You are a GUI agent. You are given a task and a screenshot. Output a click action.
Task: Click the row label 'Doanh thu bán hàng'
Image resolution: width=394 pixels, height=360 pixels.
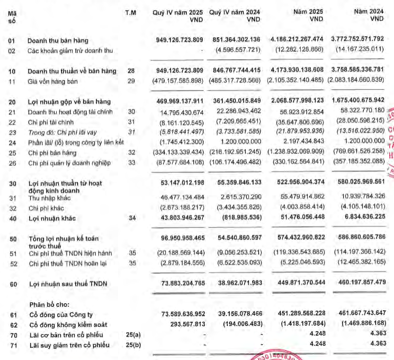[x=58, y=40]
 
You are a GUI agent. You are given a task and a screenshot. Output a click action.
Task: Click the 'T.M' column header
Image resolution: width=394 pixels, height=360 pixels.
[x=130, y=11]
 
